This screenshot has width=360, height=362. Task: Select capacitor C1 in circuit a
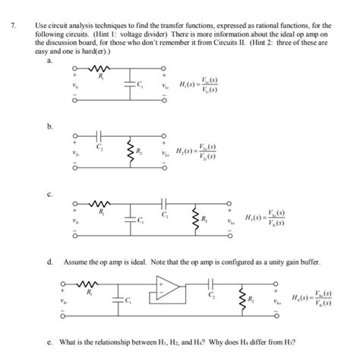click(124, 84)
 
